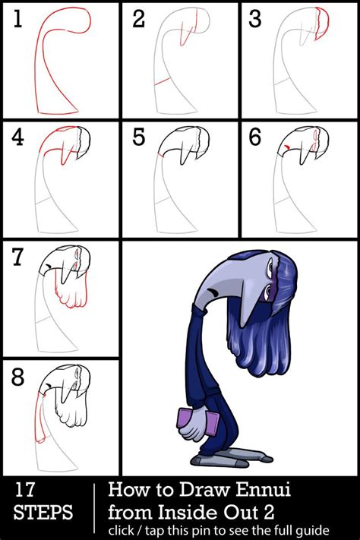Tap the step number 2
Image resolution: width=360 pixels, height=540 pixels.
click(138, 21)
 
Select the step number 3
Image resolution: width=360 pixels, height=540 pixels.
click(257, 21)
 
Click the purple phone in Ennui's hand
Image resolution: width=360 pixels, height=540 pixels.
click(191, 421)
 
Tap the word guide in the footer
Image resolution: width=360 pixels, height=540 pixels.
click(308, 527)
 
